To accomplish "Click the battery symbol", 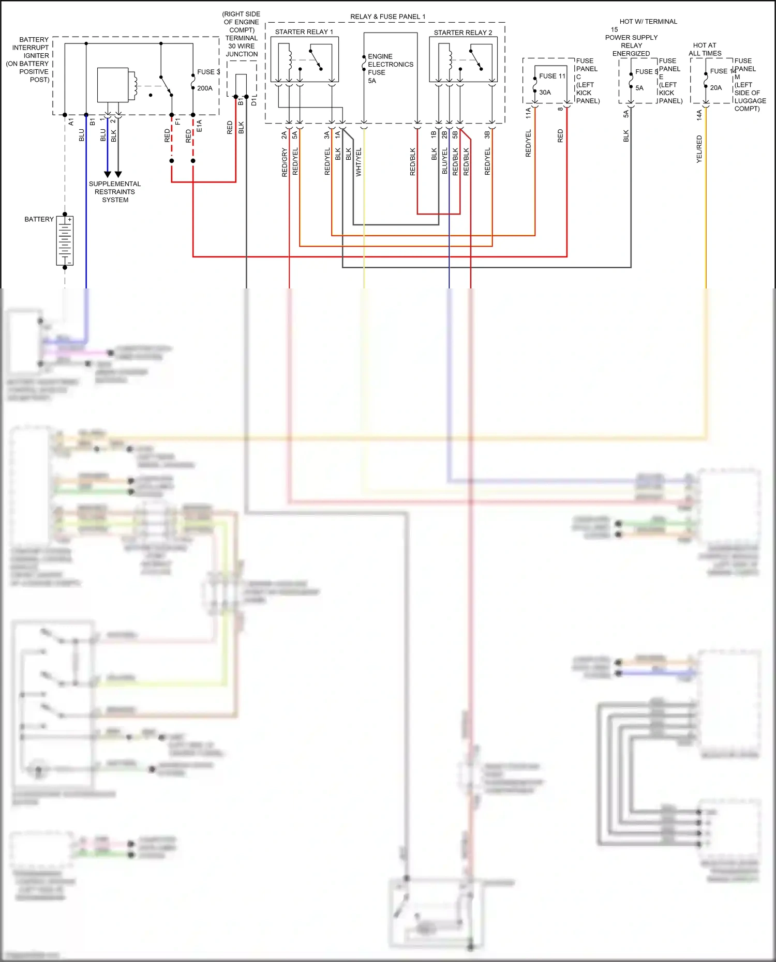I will (x=65, y=241).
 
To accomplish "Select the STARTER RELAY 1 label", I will (x=304, y=32).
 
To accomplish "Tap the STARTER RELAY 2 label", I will (x=462, y=33).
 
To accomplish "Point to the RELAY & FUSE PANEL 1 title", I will (x=387, y=17).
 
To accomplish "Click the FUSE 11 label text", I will (x=552, y=76).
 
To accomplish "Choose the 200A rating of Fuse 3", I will (x=205, y=88).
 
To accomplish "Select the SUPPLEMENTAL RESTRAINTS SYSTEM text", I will (x=115, y=192).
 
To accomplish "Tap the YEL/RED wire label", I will (x=699, y=149).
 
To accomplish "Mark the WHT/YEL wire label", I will (x=359, y=162).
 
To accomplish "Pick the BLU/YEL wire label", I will (x=444, y=161).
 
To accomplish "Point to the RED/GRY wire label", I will (x=285, y=162).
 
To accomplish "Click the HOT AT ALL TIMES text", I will (x=705, y=49).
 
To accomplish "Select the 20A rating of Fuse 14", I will (x=715, y=88).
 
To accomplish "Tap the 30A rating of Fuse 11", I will (x=545, y=93).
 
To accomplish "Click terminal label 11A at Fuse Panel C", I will (x=528, y=113).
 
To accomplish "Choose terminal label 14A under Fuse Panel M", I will (x=699, y=115).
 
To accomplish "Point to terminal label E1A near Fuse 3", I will (x=199, y=126).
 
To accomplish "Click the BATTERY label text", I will (x=39, y=219).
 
